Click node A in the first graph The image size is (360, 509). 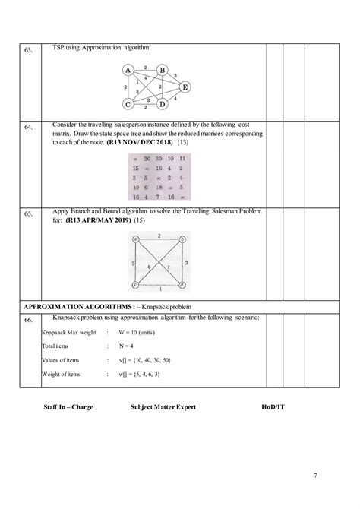(128, 71)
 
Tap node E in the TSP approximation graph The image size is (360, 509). (185, 87)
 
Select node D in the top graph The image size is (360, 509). (162, 104)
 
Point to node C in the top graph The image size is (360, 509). (128, 104)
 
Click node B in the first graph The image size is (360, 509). (162, 71)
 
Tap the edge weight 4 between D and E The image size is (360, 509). (176, 99)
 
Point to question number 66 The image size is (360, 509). (28, 321)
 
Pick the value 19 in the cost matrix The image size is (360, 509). (134, 187)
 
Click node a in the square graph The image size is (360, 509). (135, 239)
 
